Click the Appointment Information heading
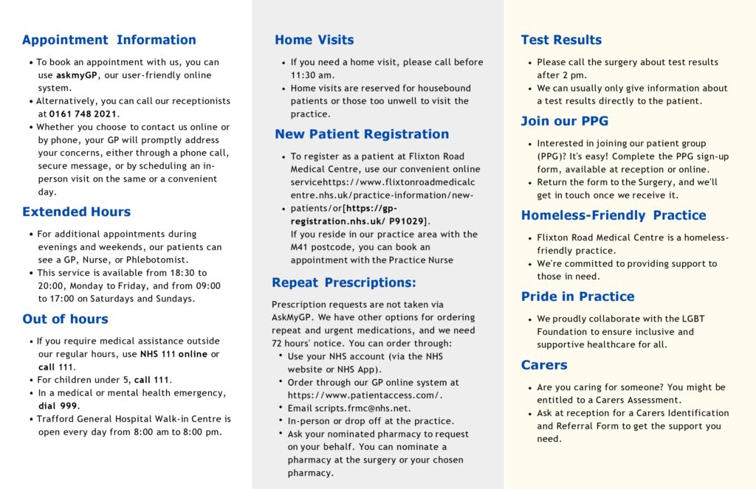coord(109,40)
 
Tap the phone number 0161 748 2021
coord(83,114)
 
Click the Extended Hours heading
coord(77,212)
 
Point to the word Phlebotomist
coord(156,260)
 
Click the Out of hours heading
coord(66,319)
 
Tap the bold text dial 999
coord(58,406)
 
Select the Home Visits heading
coord(315,40)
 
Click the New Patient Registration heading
coord(362,134)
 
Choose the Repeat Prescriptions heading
coord(344,282)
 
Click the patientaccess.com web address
coord(365,395)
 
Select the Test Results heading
coord(561,40)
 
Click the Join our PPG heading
coord(565,121)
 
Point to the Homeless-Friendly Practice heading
coord(614,215)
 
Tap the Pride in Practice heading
coord(577,296)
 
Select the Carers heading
coord(544,365)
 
